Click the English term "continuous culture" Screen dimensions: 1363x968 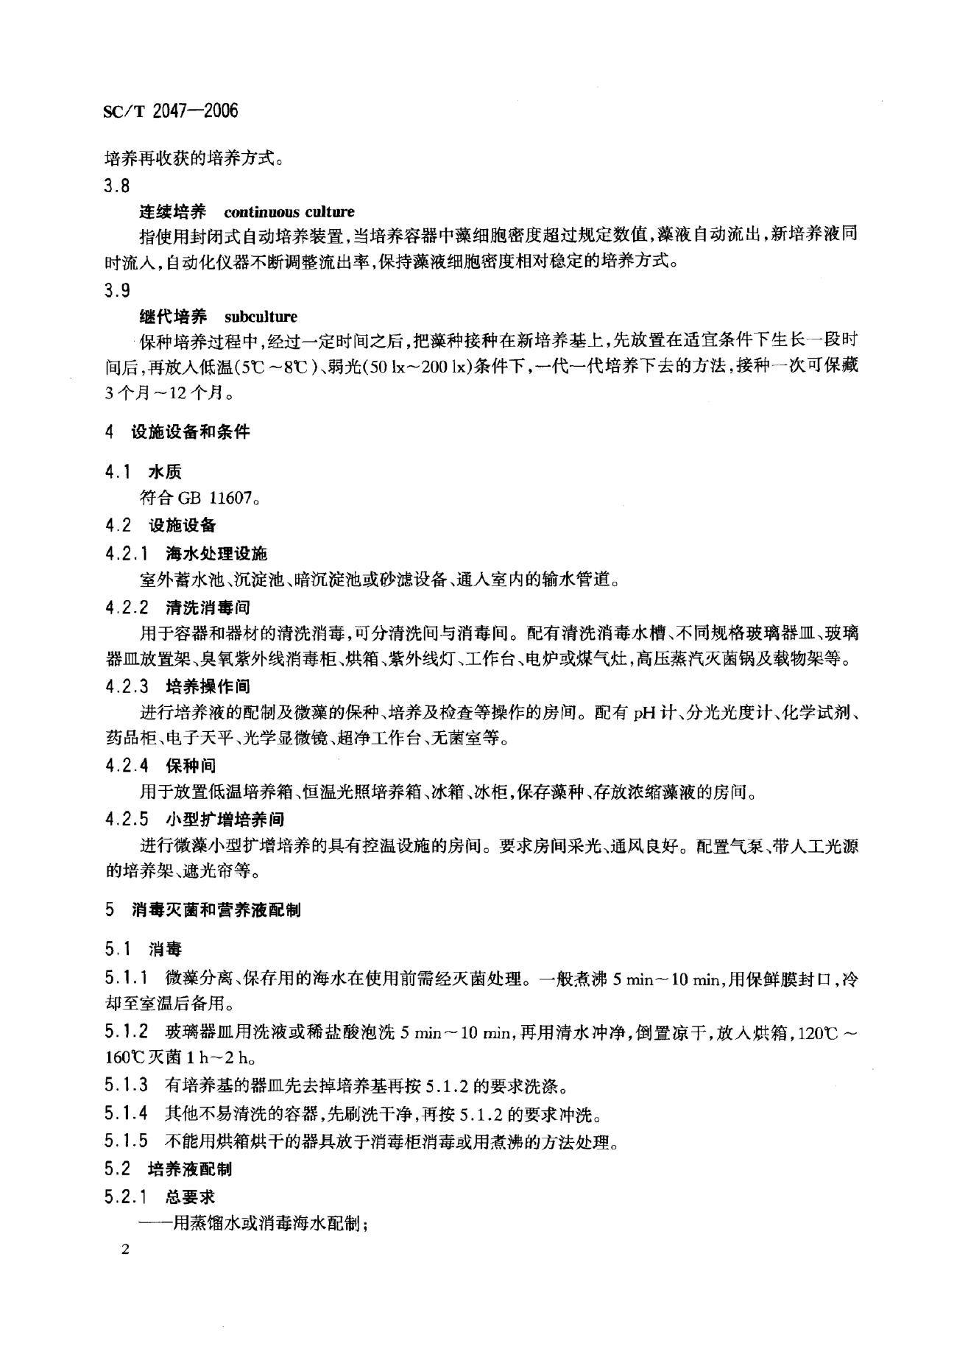pyautogui.click(x=289, y=213)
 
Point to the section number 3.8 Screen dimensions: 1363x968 pyautogui.click(x=118, y=187)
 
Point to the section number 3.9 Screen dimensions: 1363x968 pyautogui.click(x=118, y=291)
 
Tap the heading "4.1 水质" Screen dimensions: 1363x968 pyautogui.click(x=144, y=472)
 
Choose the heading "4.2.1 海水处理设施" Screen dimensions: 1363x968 pyautogui.click(x=186, y=553)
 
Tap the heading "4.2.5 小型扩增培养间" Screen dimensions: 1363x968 pyautogui.click(x=194, y=820)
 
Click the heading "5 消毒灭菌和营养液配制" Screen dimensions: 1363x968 pyautogui.click(x=202, y=910)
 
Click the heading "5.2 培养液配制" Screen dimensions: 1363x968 pyautogui.click(x=169, y=1169)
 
